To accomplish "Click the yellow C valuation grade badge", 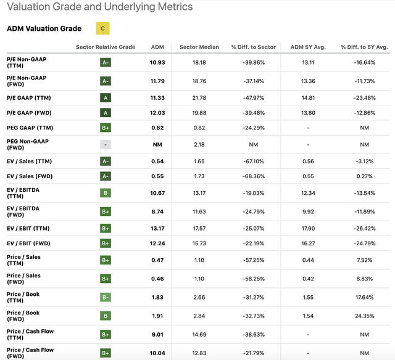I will (102, 28).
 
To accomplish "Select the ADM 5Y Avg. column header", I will (305, 47).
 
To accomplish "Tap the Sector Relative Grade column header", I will (106, 47).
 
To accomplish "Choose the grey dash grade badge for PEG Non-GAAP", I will (106, 144).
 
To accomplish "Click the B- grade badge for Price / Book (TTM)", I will (106, 298).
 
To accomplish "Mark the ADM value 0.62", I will (157, 127).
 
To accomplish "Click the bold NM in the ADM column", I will (157, 144).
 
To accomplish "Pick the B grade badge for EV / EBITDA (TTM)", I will (106, 193).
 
